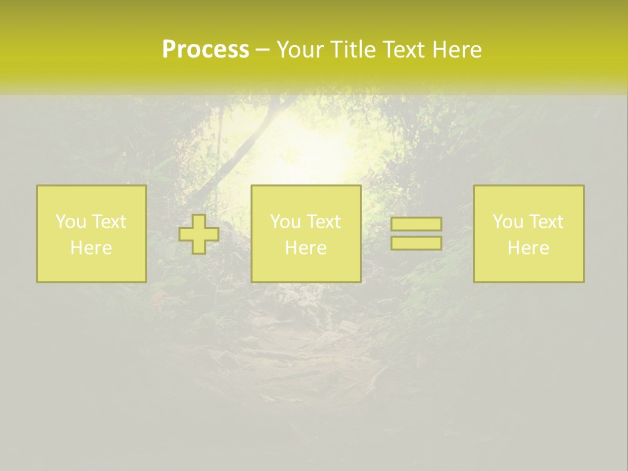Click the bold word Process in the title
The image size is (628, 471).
(205, 50)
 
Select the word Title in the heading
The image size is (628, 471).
(353, 50)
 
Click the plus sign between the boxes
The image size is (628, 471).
(199, 234)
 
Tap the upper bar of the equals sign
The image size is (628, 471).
(416, 224)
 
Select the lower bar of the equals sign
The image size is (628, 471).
(416, 243)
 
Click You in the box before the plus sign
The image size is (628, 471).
(71, 222)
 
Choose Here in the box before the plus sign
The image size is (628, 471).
(91, 248)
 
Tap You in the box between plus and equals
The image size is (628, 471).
(285, 222)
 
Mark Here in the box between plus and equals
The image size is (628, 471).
(305, 248)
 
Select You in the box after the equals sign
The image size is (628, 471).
(508, 222)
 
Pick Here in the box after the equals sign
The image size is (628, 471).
(528, 248)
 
